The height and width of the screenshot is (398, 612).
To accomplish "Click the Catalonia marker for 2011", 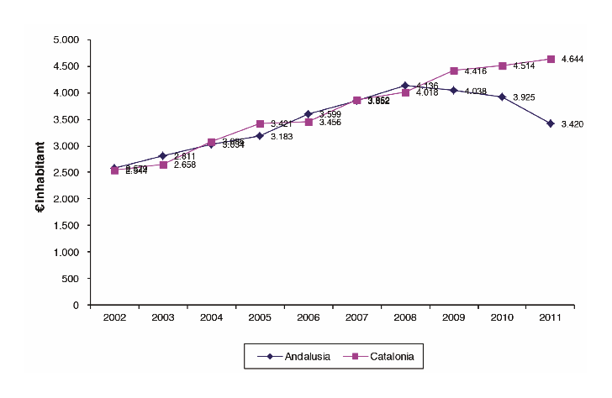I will [x=551, y=59].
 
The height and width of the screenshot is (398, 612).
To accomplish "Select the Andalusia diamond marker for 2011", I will [x=551, y=123].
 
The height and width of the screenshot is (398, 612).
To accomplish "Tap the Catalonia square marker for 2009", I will [x=454, y=71].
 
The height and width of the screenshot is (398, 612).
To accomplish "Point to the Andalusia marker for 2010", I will [x=502, y=97].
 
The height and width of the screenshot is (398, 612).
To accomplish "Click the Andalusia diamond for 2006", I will [x=309, y=114].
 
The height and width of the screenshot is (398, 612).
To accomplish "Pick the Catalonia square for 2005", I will [x=260, y=123].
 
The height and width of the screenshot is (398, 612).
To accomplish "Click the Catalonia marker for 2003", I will [x=163, y=165].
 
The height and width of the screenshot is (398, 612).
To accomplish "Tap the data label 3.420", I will [x=572, y=124].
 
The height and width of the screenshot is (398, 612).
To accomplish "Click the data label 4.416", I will [x=476, y=71].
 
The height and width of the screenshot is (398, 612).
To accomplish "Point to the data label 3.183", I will [x=282, y=136].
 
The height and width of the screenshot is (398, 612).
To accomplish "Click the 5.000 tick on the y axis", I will [x=66, y=39].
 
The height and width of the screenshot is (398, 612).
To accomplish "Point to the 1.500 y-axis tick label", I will [x=66, y=225].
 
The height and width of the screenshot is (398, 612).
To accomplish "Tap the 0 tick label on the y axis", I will [x=76, y=305].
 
